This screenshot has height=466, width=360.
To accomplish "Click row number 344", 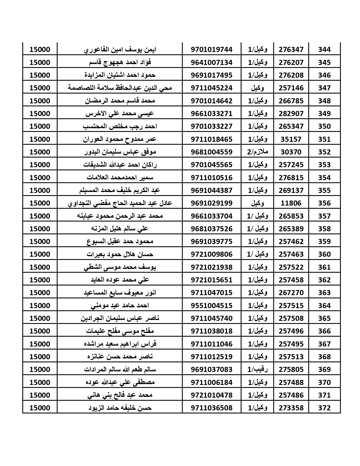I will click(324, 49).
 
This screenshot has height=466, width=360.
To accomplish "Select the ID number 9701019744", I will click(211, 49).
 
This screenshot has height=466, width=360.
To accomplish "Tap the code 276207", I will click(291, 62).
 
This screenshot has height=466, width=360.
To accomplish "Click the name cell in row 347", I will click(120, 88).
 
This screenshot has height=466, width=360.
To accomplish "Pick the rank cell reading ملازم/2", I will click(257, 152).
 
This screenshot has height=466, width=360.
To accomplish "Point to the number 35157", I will click(291, 139).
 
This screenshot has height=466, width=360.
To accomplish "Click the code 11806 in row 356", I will click(291, 203).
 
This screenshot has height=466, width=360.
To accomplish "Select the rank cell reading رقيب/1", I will click(257, 369).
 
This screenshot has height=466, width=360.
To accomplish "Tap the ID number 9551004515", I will click(211, 306).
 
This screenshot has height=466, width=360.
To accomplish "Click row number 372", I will click(324, 408).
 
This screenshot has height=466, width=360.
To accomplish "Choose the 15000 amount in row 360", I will click(40, 254).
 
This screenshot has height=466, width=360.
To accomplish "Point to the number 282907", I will click(291, 114).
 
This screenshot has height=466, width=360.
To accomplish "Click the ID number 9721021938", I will click(211, 267).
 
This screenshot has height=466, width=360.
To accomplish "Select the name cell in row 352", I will click(120, 152).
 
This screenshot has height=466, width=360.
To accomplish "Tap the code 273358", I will click(291, 408).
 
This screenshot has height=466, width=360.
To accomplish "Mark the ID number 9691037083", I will click(211, 369).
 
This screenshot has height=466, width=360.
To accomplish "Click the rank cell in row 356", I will click(257, 203).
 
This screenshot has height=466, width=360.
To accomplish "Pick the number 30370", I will click(291, 152).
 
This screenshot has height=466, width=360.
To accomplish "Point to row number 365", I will click(324, 318).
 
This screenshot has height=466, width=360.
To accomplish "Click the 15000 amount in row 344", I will click(40, 49).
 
